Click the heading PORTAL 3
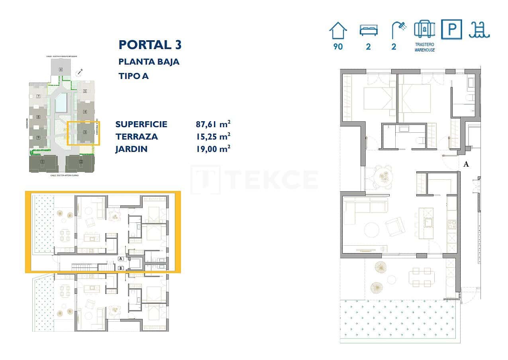click(150, 45)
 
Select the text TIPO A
click(133, 76)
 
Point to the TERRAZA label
click(137, 136)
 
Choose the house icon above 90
click(338, 31)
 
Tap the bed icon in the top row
click(369, 30)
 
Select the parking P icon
click(452, 30)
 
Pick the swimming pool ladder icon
click(479, 30)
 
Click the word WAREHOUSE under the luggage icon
click(424, 50)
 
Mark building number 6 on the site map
click(61, 69)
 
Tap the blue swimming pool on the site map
click(61, 102)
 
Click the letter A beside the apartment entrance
click(466, 164)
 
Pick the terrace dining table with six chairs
click(421, 277)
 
